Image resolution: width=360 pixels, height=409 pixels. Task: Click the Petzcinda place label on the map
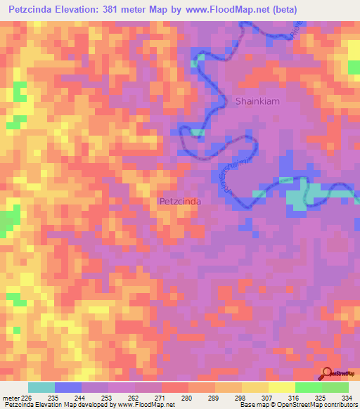tap(181, 201)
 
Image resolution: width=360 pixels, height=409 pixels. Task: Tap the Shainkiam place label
tap(258, 100)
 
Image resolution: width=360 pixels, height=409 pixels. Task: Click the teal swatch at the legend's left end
tap(41, 387)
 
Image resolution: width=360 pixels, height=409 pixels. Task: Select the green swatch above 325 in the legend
tap(308, 387)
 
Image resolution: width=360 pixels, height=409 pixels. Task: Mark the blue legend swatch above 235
tap(68, 387)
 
